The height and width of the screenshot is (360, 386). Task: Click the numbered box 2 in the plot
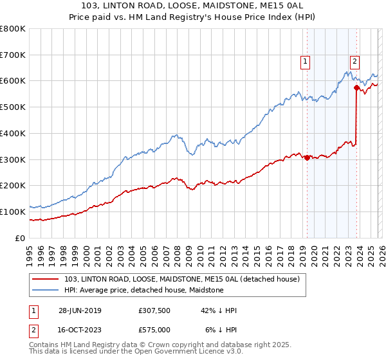click(354, 62)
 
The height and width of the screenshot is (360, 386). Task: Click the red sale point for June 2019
click(307, 157)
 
